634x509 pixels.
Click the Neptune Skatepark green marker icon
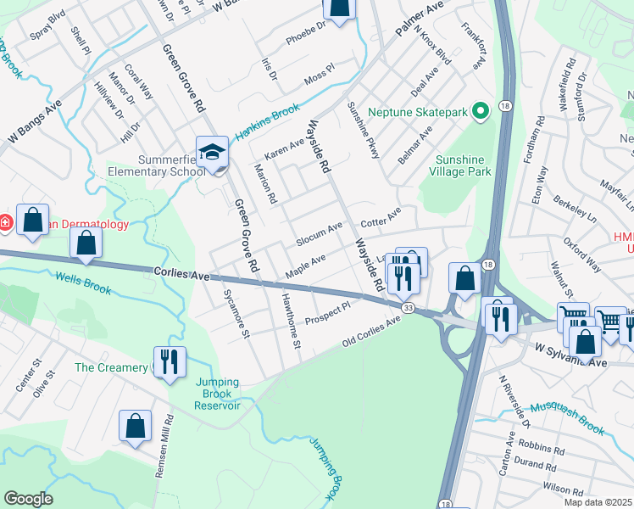(x=481, y=112)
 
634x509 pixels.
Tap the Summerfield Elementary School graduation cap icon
(x=211, y=153)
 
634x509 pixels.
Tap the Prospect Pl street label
(x=328, y=312)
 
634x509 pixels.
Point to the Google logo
(x=28, y=499)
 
